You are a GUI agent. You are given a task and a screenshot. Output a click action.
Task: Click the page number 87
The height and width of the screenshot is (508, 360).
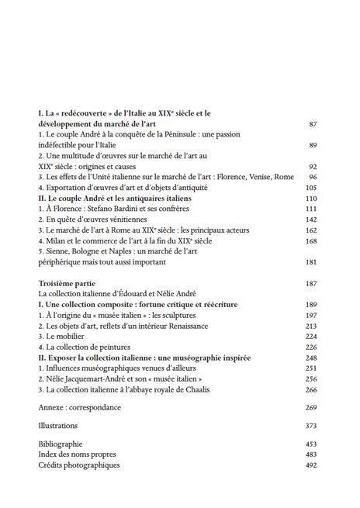click(313, 124)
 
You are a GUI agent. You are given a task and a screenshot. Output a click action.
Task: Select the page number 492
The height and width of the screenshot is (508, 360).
click(312, 465)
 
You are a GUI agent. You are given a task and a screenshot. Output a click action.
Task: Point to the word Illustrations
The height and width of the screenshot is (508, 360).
click(58, 426)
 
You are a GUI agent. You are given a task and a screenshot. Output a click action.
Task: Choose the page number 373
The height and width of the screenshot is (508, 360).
click(312, 426)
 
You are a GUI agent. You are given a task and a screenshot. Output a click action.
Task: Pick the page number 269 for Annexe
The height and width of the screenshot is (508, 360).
click(312, 407)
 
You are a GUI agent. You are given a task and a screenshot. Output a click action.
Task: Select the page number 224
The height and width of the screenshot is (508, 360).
click(312, 337)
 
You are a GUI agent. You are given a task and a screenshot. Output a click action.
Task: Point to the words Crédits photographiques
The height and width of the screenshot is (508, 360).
click(79, 465)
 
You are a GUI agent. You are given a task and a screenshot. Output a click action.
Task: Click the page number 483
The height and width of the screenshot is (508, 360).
click(312, 454)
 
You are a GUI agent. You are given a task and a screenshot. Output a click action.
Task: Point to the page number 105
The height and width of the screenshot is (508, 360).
click(312, 188)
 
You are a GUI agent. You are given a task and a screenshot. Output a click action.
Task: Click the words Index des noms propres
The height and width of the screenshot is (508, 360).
click(79, 454)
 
